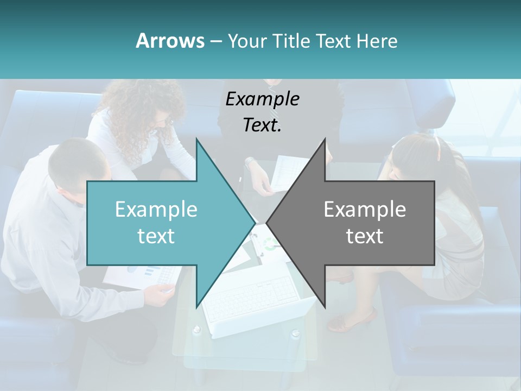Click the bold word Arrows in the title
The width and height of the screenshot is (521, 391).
pyautogui.click(x=170, y=41)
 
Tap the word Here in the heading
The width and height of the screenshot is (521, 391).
pyautogui.click(x=376, y=41)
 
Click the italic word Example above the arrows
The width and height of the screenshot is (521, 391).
pyautogui.click(x=262, y=99)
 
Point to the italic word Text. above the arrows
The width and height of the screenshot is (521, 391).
pyautogui.click(x=262, y=125)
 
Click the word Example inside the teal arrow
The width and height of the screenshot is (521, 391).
pyautogui.click(x=156, y=210)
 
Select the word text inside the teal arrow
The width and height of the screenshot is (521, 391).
pyautogui.click(x=156, y=236)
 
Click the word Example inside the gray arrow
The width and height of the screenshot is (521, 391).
pyautogui.click(x=365, y=210)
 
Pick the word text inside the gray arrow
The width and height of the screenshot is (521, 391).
pyautogui.click(x=365, y=236)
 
